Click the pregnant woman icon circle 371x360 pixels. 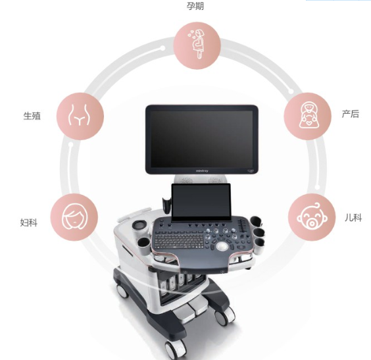pyautogui.click(x=197, y=45)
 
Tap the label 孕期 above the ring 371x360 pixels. pyautogui.click(x=195, y=6)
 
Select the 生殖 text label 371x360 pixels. pyautogui.click(x=32, y=116)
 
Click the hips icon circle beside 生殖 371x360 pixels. pyautogui.click(x=80, y=116)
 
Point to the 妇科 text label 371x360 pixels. pyautogui.click(x=29, y=222)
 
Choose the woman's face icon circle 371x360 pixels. pyautogui.click(x=74, y=217)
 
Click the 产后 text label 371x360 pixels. pyautogui.click(x=351, y=114)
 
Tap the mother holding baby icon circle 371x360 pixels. pyautogui.click(x=307, y=116)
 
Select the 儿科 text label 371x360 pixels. pyautogui.click(x=353, y=217)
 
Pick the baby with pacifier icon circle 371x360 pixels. pyautogui.click(x=312, y=217)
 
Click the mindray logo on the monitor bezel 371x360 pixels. pyautogui.click(x=202, y=170)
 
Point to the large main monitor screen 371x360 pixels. pyautogui.click(x=201, y=139)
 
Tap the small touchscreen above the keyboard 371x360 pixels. pyautogui.click(x=201, y=202)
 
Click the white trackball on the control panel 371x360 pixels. pyautogui.click(x=222, y=246)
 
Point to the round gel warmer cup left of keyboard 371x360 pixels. pyautogui.click(x=139, y=225)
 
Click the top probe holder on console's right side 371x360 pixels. pyautogui.click(x=257, y=222)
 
